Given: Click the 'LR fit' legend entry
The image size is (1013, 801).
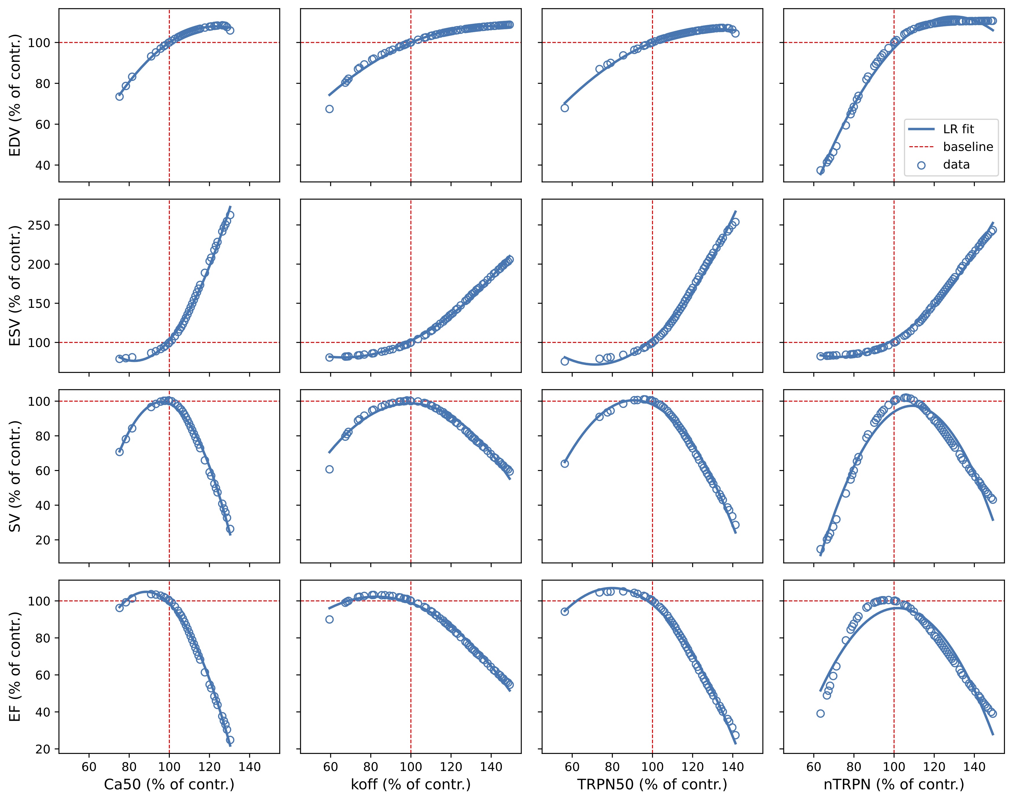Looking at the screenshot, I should pos(959,129).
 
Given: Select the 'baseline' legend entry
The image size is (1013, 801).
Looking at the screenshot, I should pos(968,147).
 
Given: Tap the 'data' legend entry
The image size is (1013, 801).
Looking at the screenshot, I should pos(956,164).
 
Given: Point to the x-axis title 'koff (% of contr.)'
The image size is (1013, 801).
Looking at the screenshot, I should pos(410,785).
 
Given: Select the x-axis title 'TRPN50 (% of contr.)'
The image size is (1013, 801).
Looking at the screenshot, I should pos(652,785).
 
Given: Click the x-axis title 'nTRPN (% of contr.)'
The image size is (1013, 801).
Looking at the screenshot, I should pos(894,785).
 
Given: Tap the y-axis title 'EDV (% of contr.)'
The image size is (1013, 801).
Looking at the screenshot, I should pos(16,95).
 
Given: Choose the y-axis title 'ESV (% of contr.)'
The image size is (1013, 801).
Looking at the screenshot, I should pos(16,286).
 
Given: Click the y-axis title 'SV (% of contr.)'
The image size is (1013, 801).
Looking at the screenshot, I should pos(16,476).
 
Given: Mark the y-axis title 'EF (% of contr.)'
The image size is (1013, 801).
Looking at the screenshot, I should pos(16,666).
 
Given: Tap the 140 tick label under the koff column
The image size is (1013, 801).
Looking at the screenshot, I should pos(491,767).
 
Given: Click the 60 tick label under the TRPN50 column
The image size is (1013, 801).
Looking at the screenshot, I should pos(572,767).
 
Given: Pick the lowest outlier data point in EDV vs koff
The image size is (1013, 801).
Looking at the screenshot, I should pos(329,109).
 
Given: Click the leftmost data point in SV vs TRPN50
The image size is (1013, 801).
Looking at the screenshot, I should pos(564,463).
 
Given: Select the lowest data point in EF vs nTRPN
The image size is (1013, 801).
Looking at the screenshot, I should pos(820,713).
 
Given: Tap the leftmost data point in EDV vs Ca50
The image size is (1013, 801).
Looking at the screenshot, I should pos(120,97).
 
